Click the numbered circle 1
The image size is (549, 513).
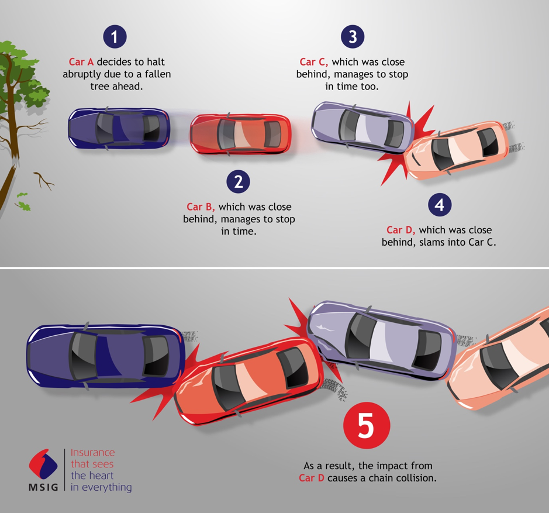point(115,36)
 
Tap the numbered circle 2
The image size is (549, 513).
point(238,181)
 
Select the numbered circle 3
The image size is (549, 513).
point(353,36)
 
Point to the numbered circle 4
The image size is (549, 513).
point(440,205)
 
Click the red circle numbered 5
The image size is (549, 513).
point(367,425)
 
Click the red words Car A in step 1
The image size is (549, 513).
point(81,62)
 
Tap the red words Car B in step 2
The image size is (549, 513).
point(201,207)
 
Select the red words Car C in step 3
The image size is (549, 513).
point(314,62)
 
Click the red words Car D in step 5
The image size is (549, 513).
point(312,478)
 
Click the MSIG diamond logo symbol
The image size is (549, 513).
point(43,464)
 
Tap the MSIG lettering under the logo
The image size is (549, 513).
point(43,487)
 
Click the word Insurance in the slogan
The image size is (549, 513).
point(93,452)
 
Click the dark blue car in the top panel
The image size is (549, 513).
point(119,128)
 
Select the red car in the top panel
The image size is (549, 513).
point(240,134)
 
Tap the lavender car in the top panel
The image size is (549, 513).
point(362,127)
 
